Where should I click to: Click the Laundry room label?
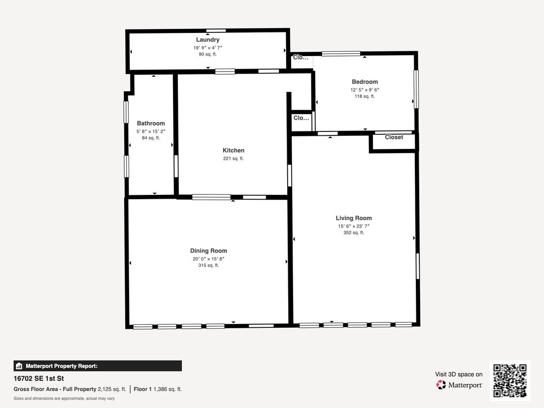(207, 40)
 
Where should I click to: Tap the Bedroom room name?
(365, 82)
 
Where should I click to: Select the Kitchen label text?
(233, 150)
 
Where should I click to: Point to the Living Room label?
(353, 218)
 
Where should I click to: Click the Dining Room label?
(208, 250)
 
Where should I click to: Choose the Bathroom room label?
(150, 123)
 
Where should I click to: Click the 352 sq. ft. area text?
(353, 233)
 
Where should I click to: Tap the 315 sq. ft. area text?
(208, 265)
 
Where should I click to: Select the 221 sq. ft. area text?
(233, 159)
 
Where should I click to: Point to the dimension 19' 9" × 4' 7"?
(207, 48)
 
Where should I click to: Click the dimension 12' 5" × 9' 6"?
(365, 90)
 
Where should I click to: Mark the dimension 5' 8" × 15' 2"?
(150, 131)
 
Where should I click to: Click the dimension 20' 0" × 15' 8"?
(208, 259)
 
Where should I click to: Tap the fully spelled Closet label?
(394, 137)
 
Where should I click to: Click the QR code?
(510, 380)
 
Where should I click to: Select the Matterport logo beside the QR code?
(459, 385)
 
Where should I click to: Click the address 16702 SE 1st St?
(39, 379)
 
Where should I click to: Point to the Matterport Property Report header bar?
(98, 366)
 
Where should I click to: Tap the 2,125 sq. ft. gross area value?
(112, 389)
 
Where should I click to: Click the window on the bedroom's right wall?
(416, 89)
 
